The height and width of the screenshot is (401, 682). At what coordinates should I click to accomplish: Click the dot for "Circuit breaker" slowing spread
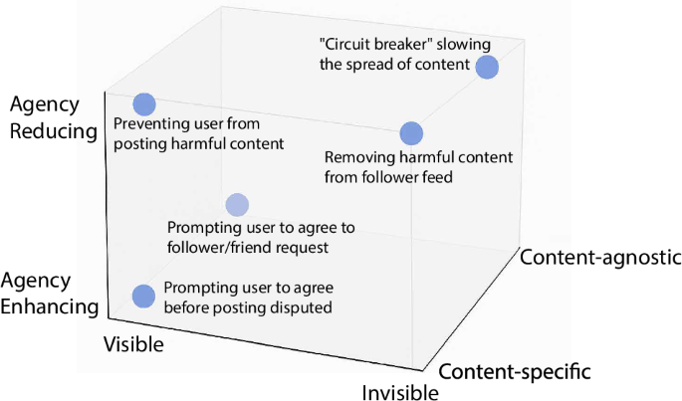pyautogui.click(x=487, y=67)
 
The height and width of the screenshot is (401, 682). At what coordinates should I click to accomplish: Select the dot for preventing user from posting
pyautogui.click(x=144, y=104)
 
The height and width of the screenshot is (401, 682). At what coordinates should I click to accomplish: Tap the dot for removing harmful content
pyautogui.click(x=411, y=133)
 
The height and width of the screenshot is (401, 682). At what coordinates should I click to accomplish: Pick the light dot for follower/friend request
pyautogui.click(x=237, y=205)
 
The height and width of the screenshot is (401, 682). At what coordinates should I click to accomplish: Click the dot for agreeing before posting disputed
pyautogui.click(x=143, y=296)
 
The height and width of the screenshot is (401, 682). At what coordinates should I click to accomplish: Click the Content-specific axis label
pyautogui.click(x=515, y=372)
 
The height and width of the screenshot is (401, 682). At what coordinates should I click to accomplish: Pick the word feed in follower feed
pyautogui.click(x=440, y=176)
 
